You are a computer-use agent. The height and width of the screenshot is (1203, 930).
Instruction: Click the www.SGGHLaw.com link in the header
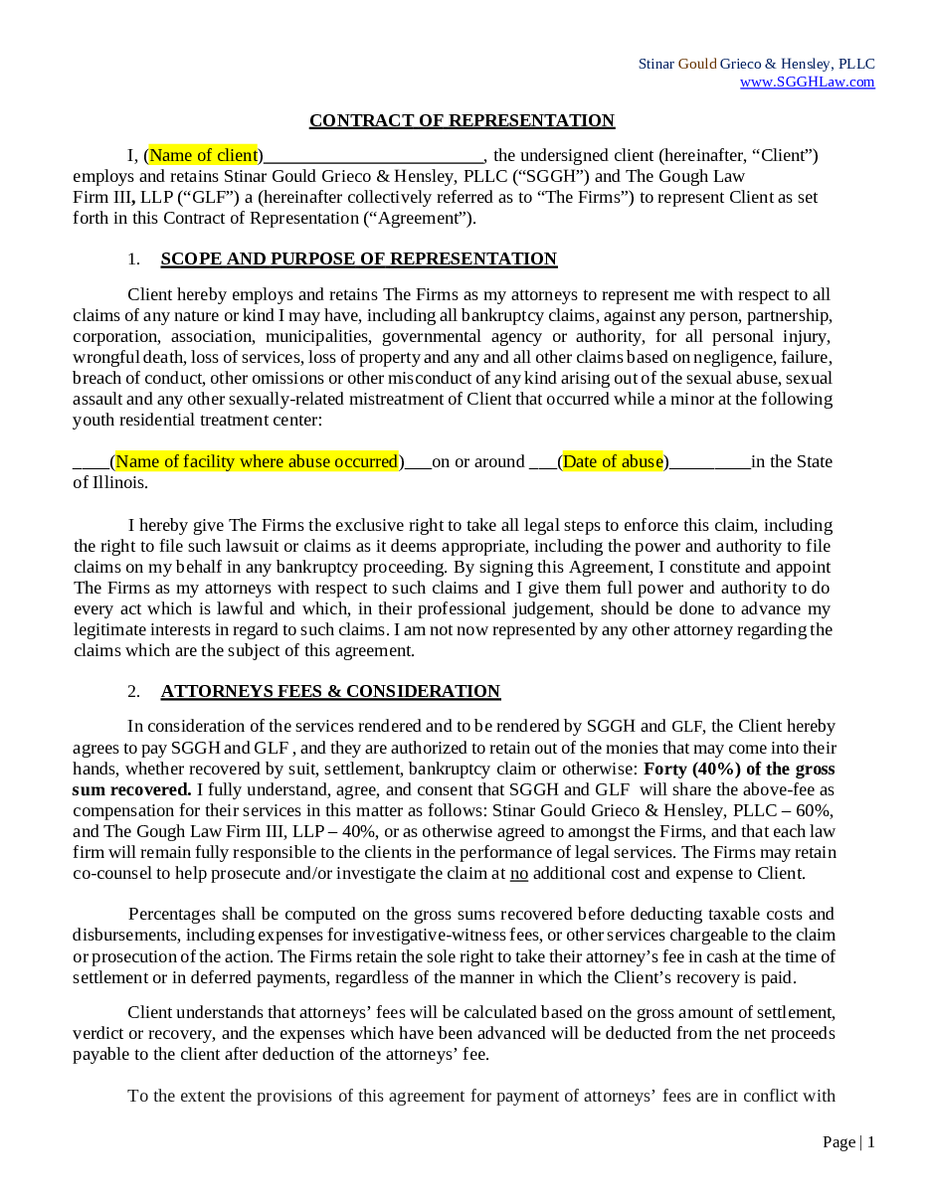point(807,83)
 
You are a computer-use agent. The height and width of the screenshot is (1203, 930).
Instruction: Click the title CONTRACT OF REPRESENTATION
point(462,121)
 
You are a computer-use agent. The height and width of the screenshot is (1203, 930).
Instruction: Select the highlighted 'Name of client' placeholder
point(203,155)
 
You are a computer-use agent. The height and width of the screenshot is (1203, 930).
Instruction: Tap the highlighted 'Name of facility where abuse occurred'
point(257,461)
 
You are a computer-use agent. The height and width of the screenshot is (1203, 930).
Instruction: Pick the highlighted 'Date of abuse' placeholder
point(613,461)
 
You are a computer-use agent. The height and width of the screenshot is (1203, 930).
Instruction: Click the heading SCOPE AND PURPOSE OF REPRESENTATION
point(358,259)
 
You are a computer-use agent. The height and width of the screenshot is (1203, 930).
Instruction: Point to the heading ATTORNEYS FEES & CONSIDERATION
point(330,692)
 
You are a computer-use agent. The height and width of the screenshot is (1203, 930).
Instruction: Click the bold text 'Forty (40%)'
point(688,769)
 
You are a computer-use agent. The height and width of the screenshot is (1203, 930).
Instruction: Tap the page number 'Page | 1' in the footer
point(848,1141)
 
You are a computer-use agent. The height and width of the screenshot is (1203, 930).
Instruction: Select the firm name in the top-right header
point(756,64)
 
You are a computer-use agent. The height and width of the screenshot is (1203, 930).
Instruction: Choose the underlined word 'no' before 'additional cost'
point(518,873)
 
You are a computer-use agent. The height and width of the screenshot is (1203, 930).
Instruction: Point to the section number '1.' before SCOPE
point(133,259)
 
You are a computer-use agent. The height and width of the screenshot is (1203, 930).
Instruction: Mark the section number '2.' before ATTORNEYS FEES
point(133,692)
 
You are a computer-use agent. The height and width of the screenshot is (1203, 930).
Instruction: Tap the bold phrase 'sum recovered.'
point(131,789)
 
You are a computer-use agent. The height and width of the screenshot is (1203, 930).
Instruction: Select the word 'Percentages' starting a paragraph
point(171,914)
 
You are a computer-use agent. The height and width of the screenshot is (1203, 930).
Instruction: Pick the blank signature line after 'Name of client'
point(374,157)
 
